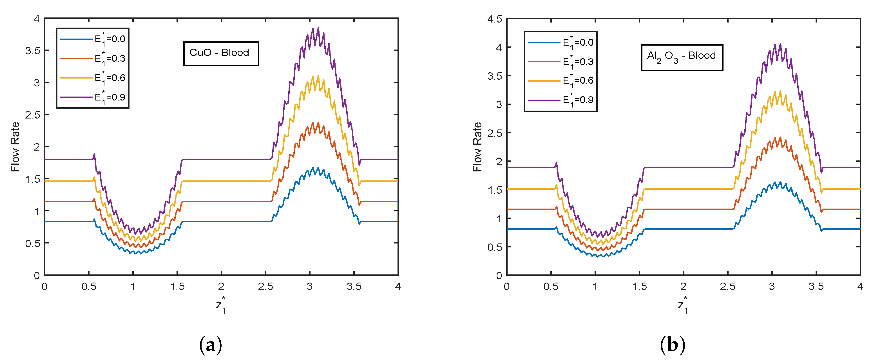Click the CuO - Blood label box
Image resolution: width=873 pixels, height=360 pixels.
coord(221,53)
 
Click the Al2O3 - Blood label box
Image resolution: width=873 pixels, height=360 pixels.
coord(682,57)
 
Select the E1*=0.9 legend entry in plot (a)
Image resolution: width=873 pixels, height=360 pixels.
coord(93,98)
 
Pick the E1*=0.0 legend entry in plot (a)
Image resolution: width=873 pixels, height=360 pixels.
coord(93,39)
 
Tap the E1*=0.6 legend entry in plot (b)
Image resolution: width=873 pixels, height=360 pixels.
coord(561,81)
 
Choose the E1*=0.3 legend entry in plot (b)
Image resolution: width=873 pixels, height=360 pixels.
coord(561,62)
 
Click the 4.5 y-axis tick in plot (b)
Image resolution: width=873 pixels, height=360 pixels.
coord(494,19)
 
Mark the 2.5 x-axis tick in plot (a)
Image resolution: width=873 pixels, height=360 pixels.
coord(265,287)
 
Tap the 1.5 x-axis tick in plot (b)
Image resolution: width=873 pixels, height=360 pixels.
coord(639,287)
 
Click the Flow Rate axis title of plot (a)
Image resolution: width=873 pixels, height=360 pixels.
coord(15,147)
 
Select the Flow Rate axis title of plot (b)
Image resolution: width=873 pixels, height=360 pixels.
coord(477,147)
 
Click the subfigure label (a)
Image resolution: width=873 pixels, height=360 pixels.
coord(211,345)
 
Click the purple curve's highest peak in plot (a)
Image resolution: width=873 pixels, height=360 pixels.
coord(318,28)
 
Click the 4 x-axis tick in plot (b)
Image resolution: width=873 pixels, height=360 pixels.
coord(860,287)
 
